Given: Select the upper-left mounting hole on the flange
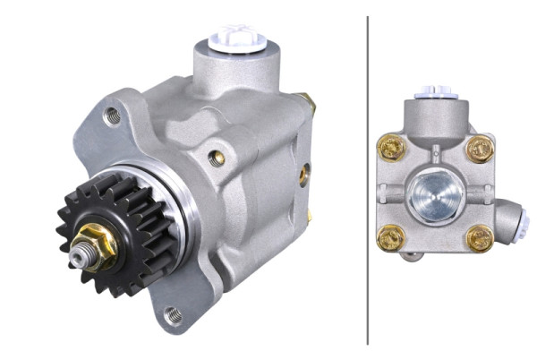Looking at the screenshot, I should click(112, 115).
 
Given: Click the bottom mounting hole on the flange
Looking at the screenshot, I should click(174, 315).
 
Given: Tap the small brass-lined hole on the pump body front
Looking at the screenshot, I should click(216, 159).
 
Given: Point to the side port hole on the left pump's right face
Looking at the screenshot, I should click(303, 174).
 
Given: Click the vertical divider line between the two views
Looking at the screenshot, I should click(368, 179).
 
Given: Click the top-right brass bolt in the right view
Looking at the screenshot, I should click(480, 148).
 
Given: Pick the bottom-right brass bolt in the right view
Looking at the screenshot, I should click(480, 237).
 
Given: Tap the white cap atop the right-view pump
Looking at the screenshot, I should click(436, 92).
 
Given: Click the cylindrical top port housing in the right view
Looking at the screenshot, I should click(436, 116).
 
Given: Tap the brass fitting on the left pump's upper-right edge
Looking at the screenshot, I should click(310, 105).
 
